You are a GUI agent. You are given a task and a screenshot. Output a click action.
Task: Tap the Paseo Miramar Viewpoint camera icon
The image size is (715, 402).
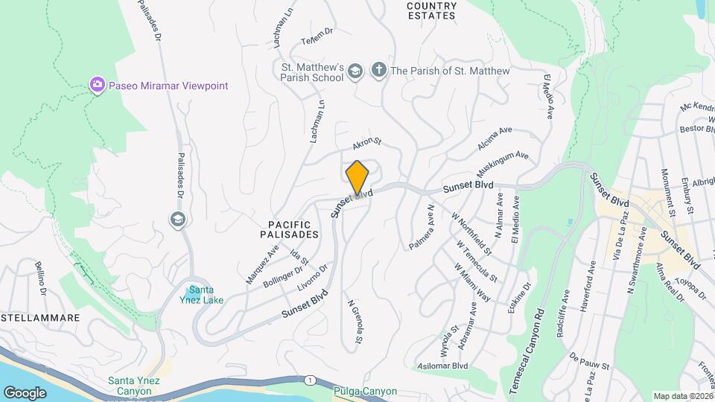[x=97, y=86]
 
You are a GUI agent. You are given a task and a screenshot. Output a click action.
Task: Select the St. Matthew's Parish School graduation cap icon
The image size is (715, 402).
[x=355, y=71]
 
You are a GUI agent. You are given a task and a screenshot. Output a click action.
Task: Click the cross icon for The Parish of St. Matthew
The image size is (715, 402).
[x=378, y=71]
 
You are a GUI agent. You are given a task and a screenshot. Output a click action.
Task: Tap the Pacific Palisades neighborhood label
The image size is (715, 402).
[x=293, y=229]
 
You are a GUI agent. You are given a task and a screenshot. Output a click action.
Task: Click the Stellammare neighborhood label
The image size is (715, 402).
[x=40, y=318]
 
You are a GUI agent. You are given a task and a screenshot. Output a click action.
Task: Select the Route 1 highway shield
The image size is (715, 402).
[x=310, y=380]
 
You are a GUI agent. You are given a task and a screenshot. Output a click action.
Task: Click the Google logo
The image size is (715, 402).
[x=25, y=392]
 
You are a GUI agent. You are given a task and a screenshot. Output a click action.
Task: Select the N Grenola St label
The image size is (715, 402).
[x=355, y=322]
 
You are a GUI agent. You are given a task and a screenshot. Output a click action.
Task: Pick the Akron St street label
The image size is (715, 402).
[x=367, y=141]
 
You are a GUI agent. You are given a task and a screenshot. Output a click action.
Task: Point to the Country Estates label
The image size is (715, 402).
[x=431, y=10]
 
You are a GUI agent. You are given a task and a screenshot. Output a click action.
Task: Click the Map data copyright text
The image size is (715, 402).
[x=681, y=396]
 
